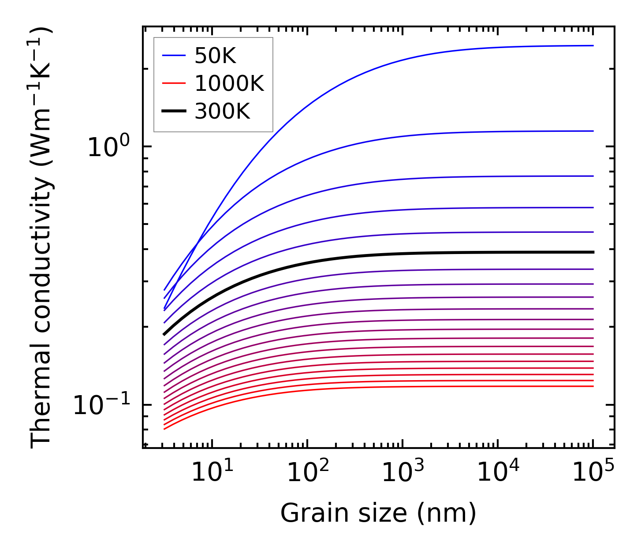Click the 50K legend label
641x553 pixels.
click(x=215, y=56)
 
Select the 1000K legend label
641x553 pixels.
click(x=229, y=83)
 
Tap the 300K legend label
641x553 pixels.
click(x=222, y=112)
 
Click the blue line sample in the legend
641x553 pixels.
click(x=175, y=56)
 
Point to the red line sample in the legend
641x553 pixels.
click(x=175, y=83)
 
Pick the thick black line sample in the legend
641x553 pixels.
click(x=175, y=112)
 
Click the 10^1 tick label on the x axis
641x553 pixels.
click(x=212, y=473)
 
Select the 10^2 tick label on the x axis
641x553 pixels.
click(x=307, y=473)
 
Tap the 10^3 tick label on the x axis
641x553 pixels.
click(x=402, y=473)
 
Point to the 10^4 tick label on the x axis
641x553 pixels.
click(x=498, y=473)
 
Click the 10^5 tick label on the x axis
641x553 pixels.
click(x=593, y=473)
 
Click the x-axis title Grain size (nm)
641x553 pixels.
click(x=378, y=514)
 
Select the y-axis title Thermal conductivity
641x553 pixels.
click(x=42, y=238)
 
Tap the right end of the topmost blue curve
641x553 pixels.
click(x=593, y=45)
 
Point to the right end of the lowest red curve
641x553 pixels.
click(x=593, y=386)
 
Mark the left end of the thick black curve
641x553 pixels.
click(x=164, y=335)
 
